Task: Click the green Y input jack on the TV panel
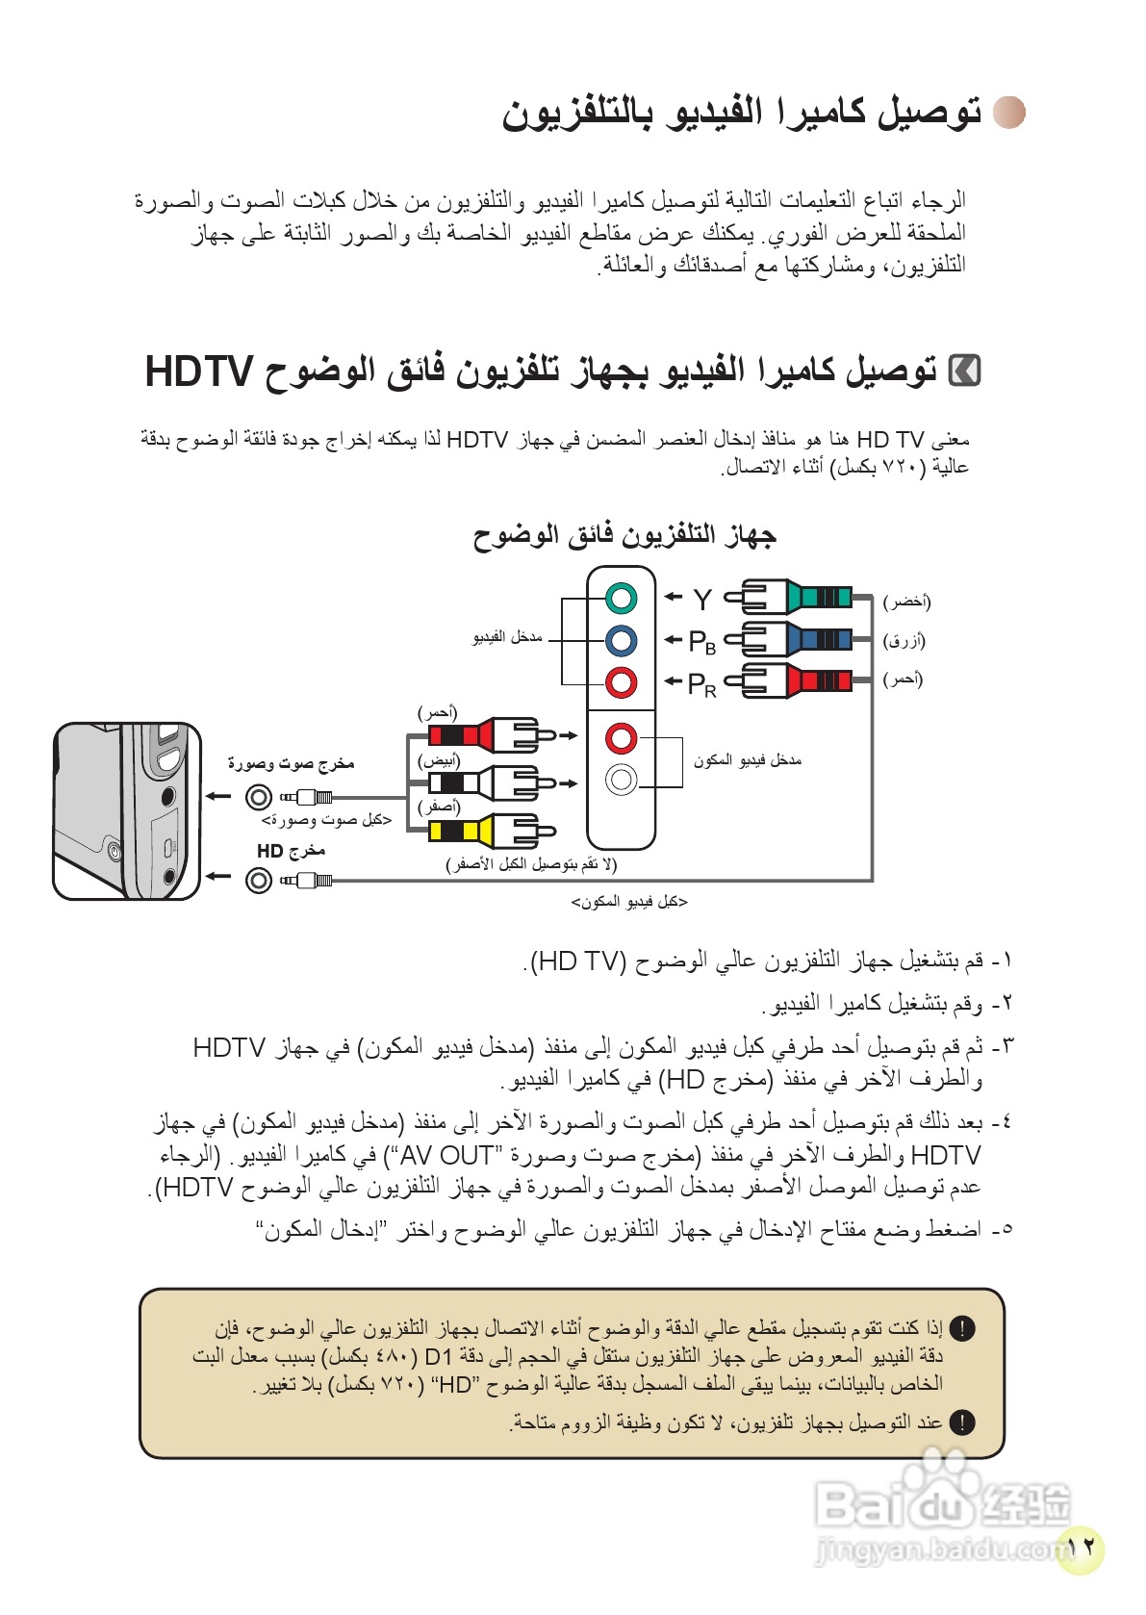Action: point(622,598)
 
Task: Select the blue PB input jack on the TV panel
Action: point(622,640)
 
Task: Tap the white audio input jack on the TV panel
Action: point(622,779)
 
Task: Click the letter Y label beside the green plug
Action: point(702,600)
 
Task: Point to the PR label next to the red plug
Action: point(701,684)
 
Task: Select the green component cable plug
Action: point(789,598)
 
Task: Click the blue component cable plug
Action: point(789,639)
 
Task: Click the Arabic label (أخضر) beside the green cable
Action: point(906,602)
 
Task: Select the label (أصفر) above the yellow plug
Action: point(439,807)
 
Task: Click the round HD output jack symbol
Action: point(258,880)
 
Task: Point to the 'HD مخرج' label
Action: point(291,851)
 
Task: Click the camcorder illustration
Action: point(126,810)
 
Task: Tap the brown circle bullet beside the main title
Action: point(1009,113)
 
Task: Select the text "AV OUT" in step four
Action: point(446,1155)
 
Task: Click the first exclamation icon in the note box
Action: point(961,1329)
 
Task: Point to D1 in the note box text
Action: point(438,1357)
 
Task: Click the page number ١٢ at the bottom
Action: point(1082,1547)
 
